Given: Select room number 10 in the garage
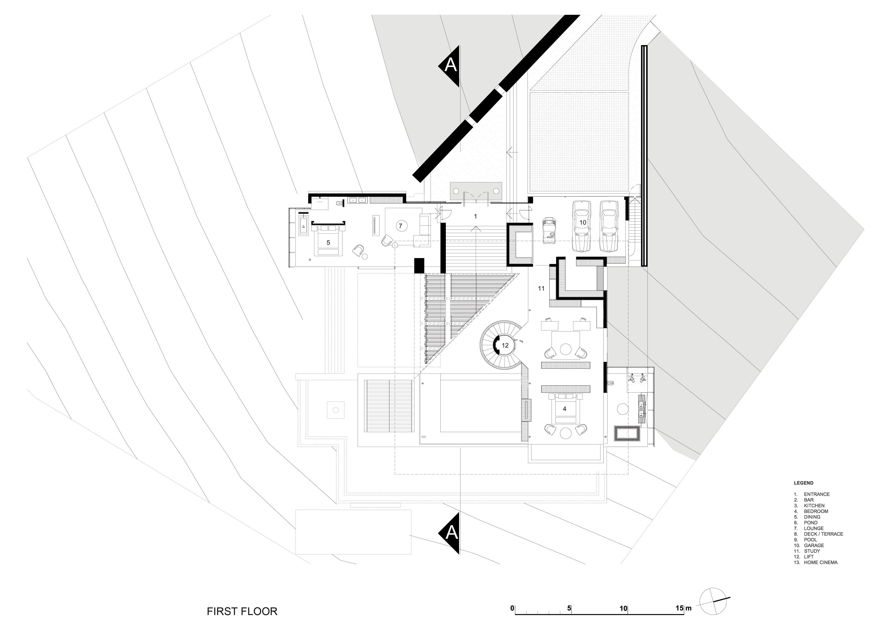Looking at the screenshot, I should tap(583, 223).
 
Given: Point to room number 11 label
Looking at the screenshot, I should tap(541, 288).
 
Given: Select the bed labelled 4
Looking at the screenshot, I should tap(565, 409).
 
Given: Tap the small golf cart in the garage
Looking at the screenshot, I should tap(550, 232).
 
